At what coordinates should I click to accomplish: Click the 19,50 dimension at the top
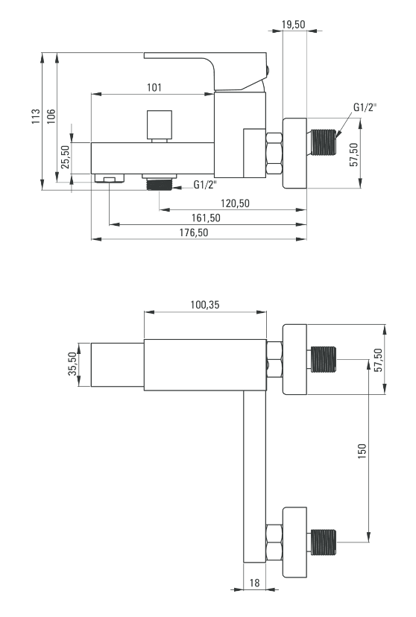[x=293, y=25]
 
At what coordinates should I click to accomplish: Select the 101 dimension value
[x=154, y=87]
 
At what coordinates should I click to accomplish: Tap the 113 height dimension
[x=36, y=117]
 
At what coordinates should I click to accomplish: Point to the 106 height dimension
[x=51, y=116]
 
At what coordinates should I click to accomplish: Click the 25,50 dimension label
[x=66, y=157]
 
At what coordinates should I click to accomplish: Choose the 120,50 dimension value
[x=235, y=203]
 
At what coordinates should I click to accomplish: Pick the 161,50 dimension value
[x=206, y=218]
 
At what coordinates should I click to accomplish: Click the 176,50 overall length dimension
[x=194, y=232]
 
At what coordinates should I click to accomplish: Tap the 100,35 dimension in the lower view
[x=205, y=305]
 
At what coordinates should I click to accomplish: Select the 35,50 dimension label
[x=72, y=364]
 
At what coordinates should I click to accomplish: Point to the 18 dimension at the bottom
[x=255, y=583]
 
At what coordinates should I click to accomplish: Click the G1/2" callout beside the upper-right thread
[x=365, y=107]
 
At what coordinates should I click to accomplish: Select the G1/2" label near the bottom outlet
[x=205, y=185]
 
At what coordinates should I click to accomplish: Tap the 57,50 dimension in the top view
[x=354, y=155]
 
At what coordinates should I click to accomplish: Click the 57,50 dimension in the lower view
[x=378, y=360]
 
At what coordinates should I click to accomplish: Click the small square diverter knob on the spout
[x=160, y=125]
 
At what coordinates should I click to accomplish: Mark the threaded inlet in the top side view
[x=324, y=142]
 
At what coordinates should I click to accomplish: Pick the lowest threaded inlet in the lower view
[x=324, y=542]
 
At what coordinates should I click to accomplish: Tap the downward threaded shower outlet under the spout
[x=159, y=185]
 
